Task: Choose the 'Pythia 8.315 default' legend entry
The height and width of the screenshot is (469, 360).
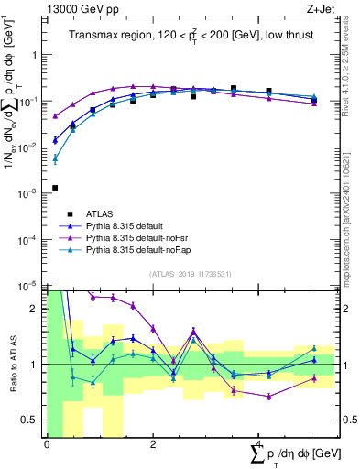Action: tap(129, 225)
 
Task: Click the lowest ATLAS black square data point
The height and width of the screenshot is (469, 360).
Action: tap(56, 188)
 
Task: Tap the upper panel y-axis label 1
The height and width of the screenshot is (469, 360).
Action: tap(37, 54)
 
